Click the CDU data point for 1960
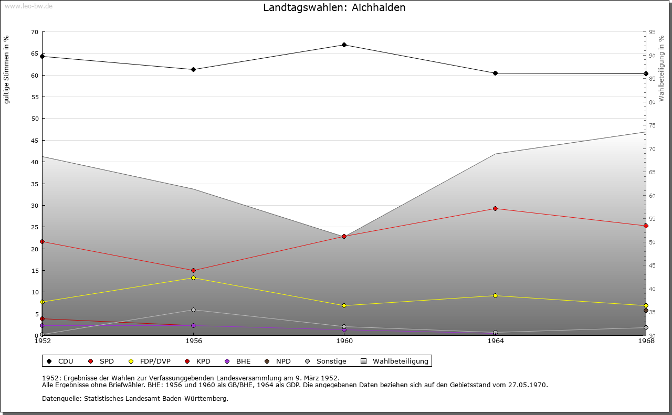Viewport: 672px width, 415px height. (344, 45)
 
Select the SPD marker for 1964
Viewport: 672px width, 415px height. (495, 208)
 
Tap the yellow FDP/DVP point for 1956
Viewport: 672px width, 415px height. (193, 278)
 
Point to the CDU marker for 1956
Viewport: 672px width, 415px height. (193, 69)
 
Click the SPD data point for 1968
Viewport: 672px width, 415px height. (646, 226)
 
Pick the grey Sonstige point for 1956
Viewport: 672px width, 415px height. (193, 310)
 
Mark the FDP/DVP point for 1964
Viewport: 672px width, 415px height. (495, 295)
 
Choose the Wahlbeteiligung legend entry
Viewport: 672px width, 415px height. (395, 361)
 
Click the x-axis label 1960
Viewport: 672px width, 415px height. (344, 341)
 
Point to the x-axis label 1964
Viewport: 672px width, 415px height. (495, 341)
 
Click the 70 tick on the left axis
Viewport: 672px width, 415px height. (34, 32)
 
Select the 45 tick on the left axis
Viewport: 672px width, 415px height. (34, 140)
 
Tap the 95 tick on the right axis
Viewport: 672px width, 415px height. (652, 32)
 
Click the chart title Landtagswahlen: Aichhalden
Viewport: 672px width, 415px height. (334, 7)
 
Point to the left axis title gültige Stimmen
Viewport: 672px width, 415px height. (7, 69)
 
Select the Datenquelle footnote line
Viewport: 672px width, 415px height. (135, 398)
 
